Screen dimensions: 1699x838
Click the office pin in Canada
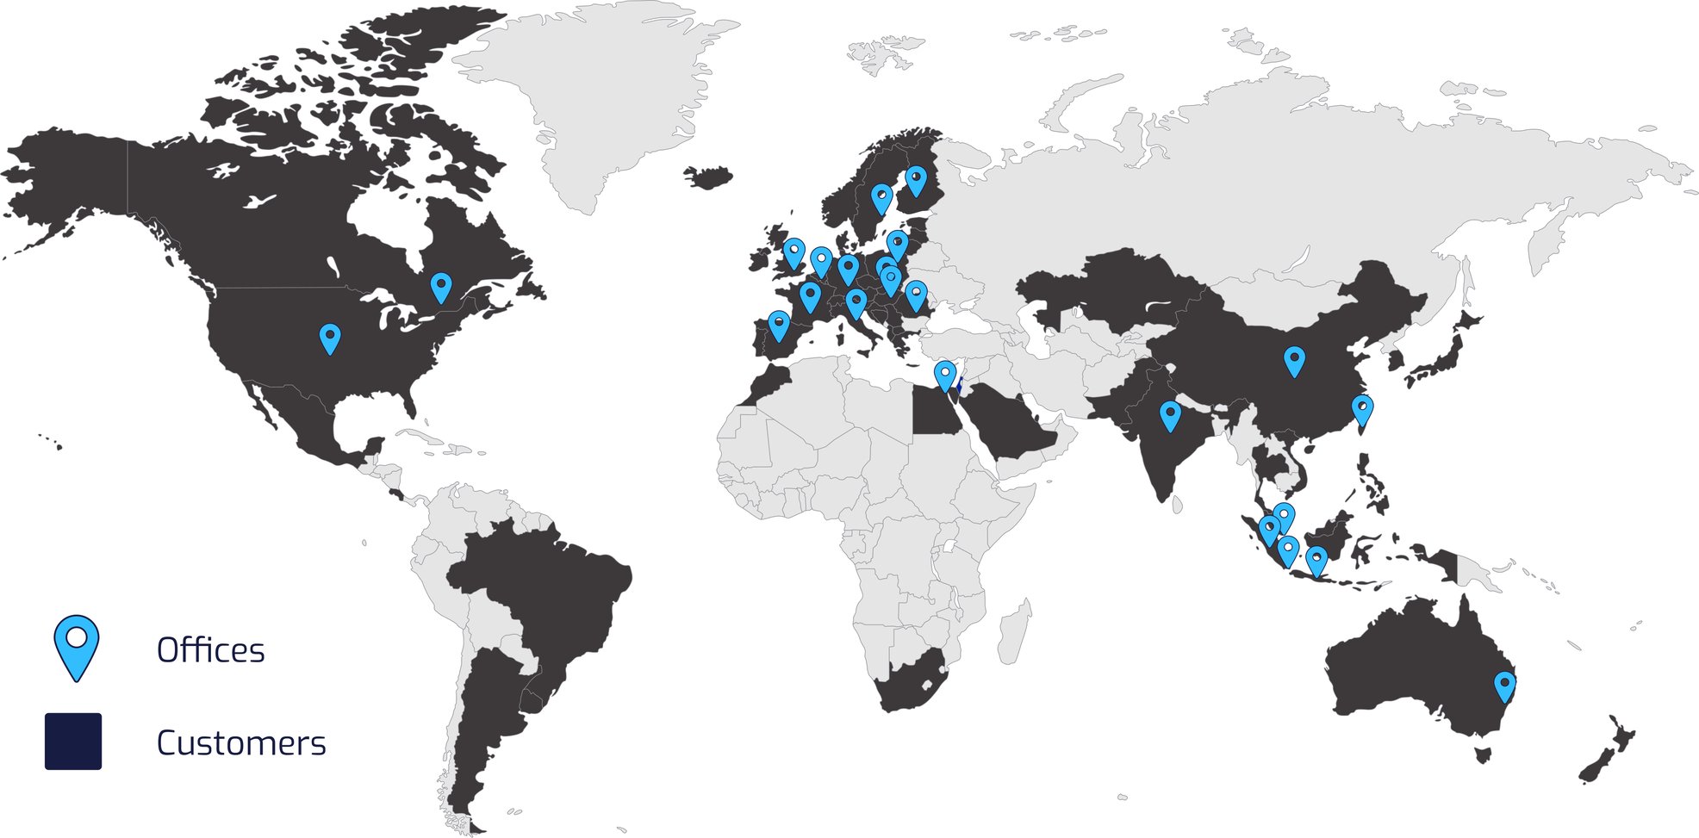pyautogui.click(x=440, y=286)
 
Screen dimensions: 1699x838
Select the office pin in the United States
pyautogui.click(x=329, y=338)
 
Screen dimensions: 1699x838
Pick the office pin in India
pyautogui.click(x=1169, y=415)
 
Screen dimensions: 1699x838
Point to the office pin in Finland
pyautogui.click(x=916, y=180)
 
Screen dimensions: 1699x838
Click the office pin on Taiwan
pyautogui.click(x=1361, y=410)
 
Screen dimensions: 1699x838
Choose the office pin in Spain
pyautogui.click(x=778, y=325)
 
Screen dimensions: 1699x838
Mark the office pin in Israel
pyautogui.click(x=945, y=376)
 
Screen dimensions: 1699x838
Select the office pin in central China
pyautogui.click(x=1293, y=360)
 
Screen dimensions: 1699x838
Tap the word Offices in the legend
pyautogui.click(x=210, y=650)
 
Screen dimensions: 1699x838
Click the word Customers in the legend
pyautogui.click(x=241, y=742)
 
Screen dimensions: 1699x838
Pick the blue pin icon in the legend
pyautogui.click(x=77, y=646)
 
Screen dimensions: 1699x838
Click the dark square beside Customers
pyautogui.click(x=73, y=741)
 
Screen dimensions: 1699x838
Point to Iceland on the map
pyautogui.click(x=708, y=177)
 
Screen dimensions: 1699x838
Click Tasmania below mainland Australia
pyautogui.click(x=1483, y=755)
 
